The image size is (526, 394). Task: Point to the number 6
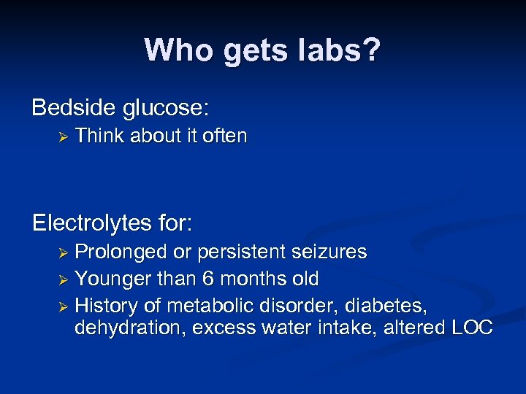pyautogui.click(x=191, y=278)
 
